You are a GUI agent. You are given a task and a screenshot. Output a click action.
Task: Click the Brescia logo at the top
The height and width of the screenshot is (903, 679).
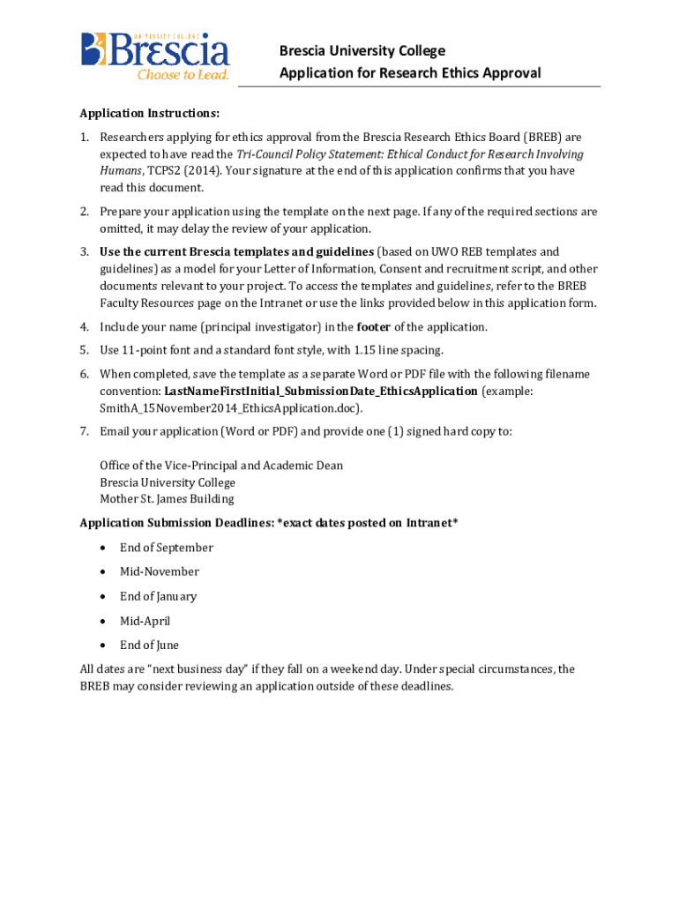click(155, 55)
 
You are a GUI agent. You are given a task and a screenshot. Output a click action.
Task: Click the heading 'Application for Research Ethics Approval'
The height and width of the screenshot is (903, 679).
click(410, 73)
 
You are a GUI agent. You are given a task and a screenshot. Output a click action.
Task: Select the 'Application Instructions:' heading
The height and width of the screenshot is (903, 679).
click(149, 114)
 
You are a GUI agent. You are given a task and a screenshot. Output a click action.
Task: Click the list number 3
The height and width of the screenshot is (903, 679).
click(84, 252)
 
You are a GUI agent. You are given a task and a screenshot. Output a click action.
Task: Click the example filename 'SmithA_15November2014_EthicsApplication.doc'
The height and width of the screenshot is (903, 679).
click(230, 408)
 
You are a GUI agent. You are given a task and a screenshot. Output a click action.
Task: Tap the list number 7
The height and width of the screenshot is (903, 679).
click(84, 432)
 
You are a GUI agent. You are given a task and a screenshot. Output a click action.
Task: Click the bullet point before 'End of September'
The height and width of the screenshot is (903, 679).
click(104, 548)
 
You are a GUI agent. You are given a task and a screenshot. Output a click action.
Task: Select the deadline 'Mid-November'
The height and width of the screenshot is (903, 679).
click(160, 572)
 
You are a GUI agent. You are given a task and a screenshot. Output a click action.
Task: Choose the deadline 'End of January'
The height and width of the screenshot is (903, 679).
click(158, 597)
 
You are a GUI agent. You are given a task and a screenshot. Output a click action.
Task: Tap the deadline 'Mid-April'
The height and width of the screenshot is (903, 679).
click(145, 622)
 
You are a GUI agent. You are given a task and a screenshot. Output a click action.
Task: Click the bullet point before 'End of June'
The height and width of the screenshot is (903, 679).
click(104, 646)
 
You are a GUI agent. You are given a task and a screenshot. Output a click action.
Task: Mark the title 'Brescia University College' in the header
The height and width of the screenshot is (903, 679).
click(362, 51)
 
